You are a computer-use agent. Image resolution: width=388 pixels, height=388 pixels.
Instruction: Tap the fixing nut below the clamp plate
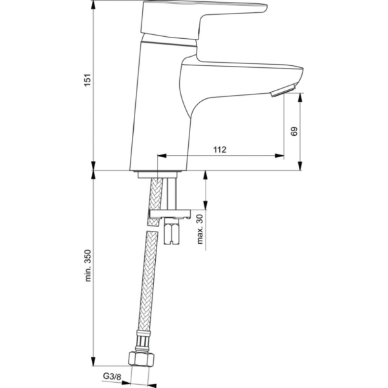click(x=172, y=232)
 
